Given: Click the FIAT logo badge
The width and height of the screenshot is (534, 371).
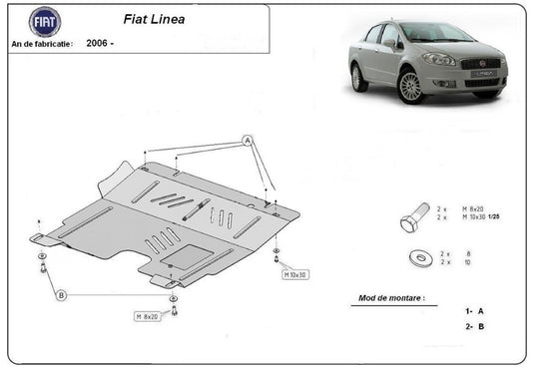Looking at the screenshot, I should pyautogui.click(x=44, y=22).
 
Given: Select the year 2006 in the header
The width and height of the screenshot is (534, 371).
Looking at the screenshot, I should pyautogui.click(x=98, y=44).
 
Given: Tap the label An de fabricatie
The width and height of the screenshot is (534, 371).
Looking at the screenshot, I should pyautogui.click(x=42, y=44).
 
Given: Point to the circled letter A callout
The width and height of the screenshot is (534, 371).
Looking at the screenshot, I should pyautogui.click(x=247, y=142).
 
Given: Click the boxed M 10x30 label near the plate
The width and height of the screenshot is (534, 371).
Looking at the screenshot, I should pyautogui.click(x=295, y=274).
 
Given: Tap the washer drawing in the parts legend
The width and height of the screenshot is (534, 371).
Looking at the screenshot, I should pyautogui.click(x=417, y=258).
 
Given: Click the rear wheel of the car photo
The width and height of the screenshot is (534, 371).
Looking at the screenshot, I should pyautogui.click(x=359, y=77).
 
